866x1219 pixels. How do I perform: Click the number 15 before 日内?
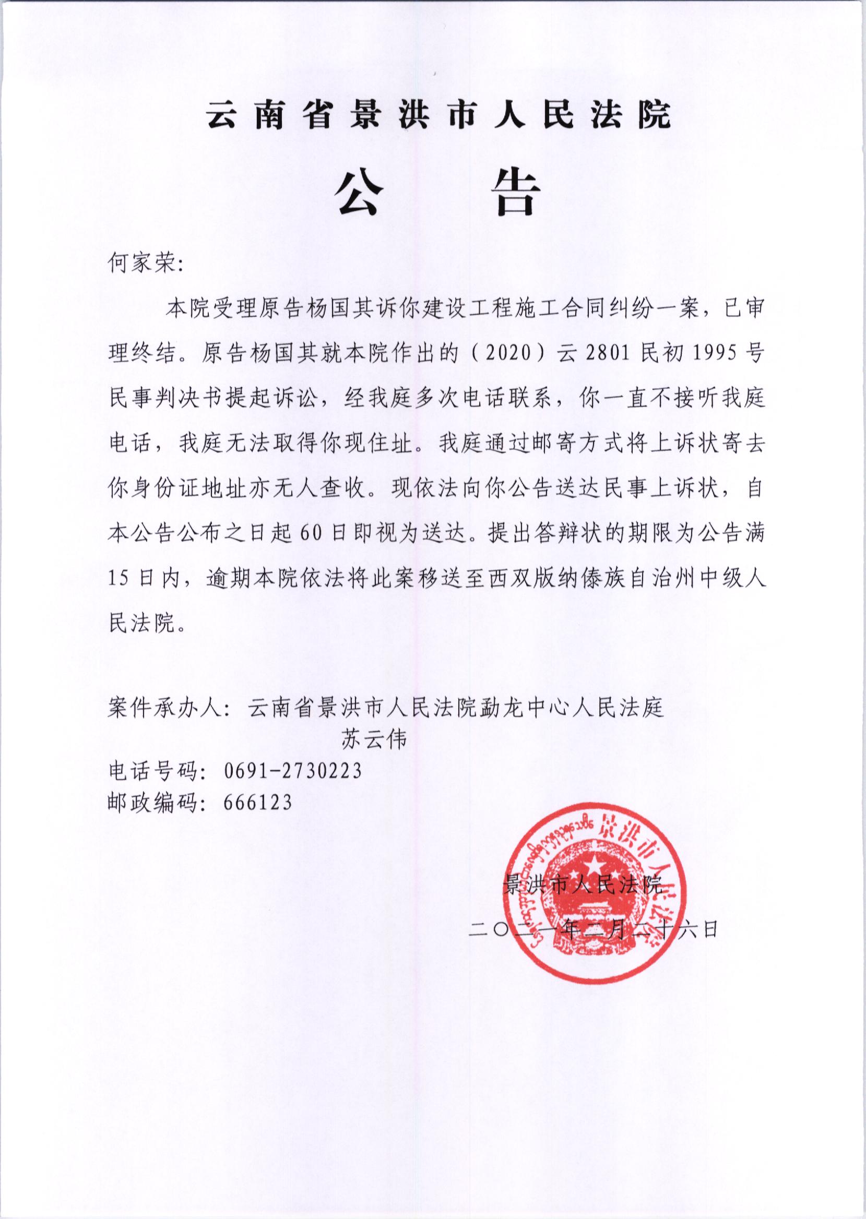pyautogui.click(x=120, y=579)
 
